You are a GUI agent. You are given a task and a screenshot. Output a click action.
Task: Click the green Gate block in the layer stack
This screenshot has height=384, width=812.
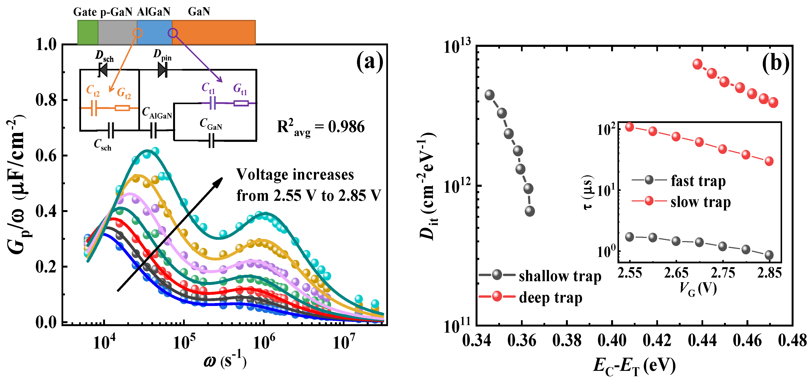click(x=88, y=32)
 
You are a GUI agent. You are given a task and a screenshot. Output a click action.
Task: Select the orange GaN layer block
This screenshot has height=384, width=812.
click(x=214, y=32)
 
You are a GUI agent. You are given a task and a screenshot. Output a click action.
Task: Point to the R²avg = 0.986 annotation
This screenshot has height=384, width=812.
click(x=321, y=128)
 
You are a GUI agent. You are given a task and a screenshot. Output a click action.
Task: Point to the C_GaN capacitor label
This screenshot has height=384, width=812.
click(x=211, y=124)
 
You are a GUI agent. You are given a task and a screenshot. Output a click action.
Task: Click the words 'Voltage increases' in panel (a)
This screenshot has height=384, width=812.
click(x=295, y=175)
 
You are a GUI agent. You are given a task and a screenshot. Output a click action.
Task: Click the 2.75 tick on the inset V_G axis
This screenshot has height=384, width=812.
click(x=723, y=273)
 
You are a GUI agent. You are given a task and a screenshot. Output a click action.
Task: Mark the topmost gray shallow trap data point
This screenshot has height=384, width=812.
click(x=489, y=95)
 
